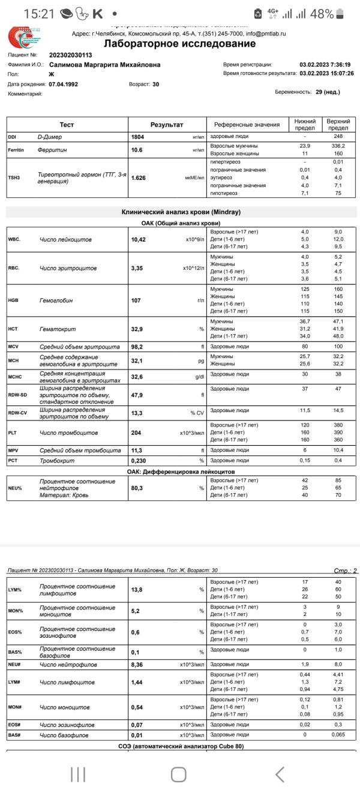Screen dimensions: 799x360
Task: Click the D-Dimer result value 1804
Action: (138, 137)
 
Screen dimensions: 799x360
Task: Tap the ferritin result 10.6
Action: (137, 150)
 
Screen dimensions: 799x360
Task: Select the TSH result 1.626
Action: (139, 178)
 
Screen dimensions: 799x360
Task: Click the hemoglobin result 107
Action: (136, 301)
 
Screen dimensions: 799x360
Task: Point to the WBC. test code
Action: (14, 239)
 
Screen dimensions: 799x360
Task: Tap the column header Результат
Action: (167, 125)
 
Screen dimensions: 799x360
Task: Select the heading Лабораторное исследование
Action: (179, 44)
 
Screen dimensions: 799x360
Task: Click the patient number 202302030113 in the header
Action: (70, 55)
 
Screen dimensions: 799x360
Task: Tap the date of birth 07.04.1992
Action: (63, 84)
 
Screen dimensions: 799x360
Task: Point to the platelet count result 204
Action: (136, 432)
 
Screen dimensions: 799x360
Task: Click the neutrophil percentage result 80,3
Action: (138, 488)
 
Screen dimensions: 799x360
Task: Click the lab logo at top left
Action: (24, 37)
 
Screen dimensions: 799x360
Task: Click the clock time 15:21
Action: (39, 13)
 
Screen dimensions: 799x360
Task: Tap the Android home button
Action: (178, 774)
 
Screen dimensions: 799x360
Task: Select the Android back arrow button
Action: (280, 774)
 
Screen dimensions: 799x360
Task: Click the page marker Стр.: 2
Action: (345, 570)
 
